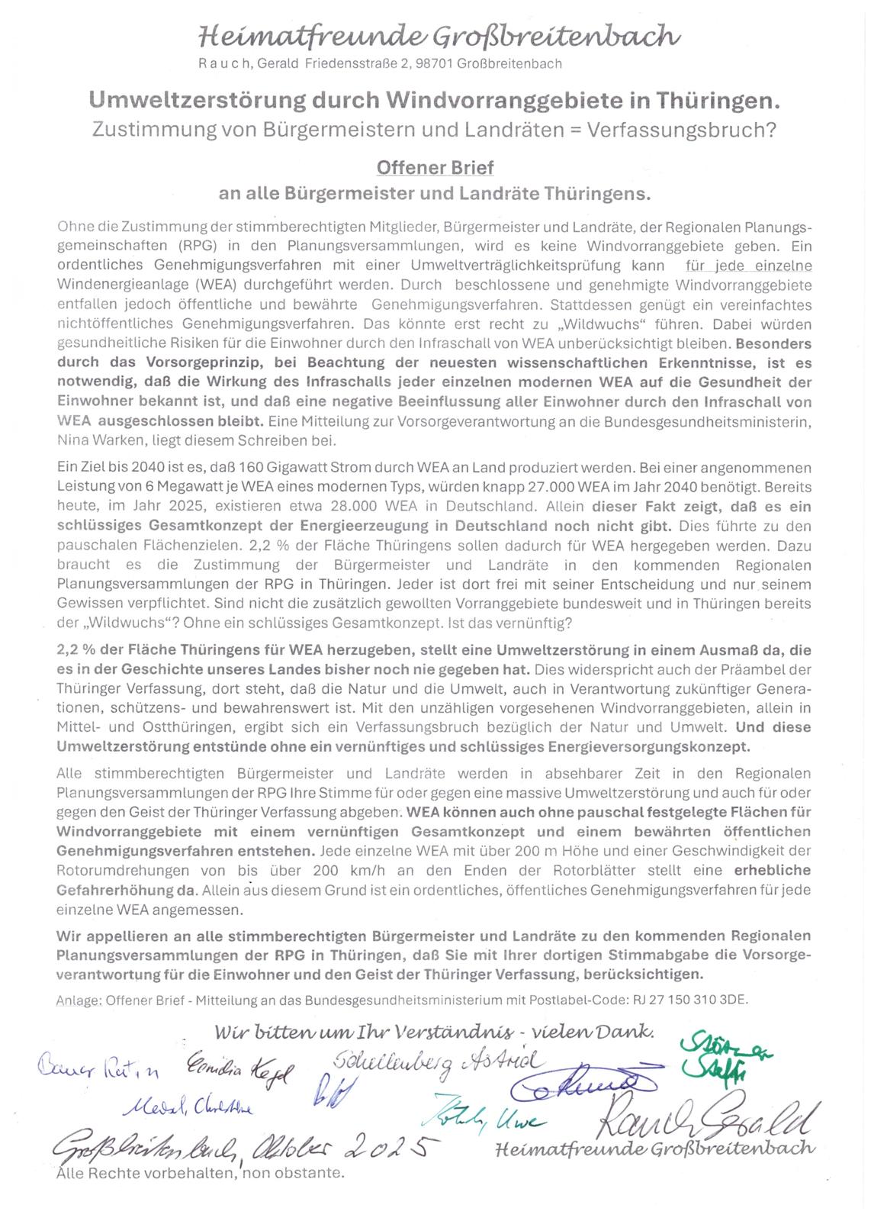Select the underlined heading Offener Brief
click(435, 167)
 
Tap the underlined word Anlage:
click(79, 1000)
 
